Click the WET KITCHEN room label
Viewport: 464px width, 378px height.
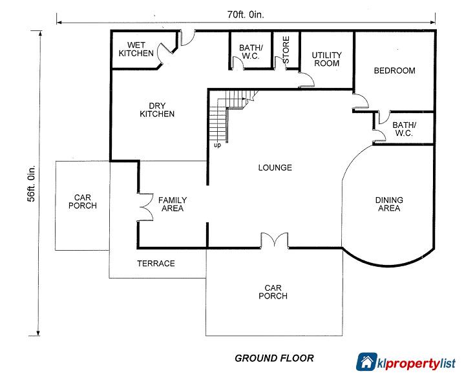click(136, 48)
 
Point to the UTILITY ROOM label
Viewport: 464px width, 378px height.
click(326, 59)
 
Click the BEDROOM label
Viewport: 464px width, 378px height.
click(394, 70)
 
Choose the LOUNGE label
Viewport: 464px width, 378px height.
click(275, 167)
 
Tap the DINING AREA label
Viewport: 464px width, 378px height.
click(388, 204)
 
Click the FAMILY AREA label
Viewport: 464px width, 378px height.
click(171, 204)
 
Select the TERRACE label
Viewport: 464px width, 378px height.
click(156, 264)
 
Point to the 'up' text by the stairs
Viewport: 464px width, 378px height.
click(217, 145)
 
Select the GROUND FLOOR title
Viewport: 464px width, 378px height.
click(274, 357)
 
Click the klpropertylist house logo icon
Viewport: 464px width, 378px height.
click(368, 362)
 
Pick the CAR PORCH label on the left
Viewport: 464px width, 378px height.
click(85, 202)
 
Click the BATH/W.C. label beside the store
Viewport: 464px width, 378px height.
click(250, 52)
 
